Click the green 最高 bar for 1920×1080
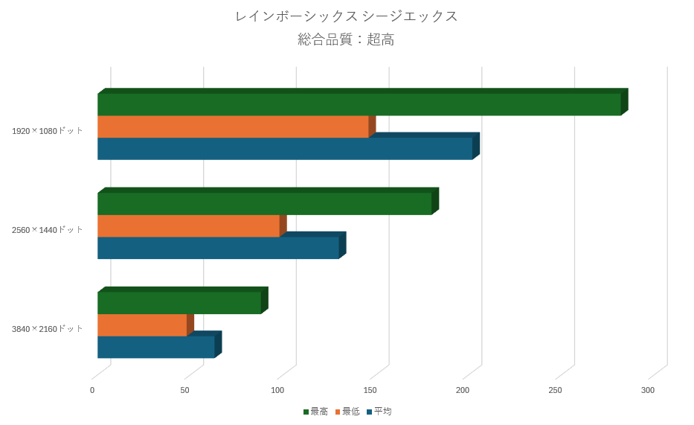pos(359,104)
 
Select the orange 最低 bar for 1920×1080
pos(233,127)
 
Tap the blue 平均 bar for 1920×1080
pos(285,149)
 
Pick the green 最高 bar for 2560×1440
pos(264,204)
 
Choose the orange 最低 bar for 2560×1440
pos(188,226)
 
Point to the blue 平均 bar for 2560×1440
pos(218,248)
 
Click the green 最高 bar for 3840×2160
pos(179,303)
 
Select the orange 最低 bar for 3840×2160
pos(142,325)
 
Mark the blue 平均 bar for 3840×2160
pos(156,347)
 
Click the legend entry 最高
pos(315,412)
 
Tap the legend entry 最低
pos(347,412)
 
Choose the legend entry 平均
pos(379,412)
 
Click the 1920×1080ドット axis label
pos(48,131)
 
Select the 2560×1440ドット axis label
pos(48,230)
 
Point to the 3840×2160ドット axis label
pos(48,329)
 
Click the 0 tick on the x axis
pos(92,390)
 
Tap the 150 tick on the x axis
pos(370,390)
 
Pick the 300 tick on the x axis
pos(648,390)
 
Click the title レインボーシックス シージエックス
pos(347,16)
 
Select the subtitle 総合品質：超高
pos(347,39)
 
